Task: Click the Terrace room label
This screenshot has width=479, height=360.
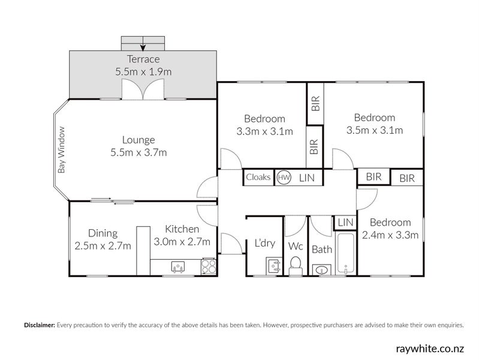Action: click(x=143, y=59)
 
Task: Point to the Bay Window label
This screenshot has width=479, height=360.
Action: click(x=61, y=150)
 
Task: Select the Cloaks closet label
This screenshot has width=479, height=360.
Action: click(x=258, y=178)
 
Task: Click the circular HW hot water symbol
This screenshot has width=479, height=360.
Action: click(x=284, y=178)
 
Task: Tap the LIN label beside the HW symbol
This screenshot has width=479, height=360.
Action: click(x=307, y=178)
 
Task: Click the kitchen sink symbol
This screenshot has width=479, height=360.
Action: click(x=178, y=267)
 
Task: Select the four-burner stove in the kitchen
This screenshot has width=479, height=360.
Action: click(x=209, y=266)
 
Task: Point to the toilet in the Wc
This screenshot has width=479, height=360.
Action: click(x=295, y=265)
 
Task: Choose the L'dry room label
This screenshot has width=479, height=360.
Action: click(x=264, y=243)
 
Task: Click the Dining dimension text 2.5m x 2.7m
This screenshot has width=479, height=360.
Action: click(x=103, y=245)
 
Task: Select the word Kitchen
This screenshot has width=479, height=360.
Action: click(x=182, y=229)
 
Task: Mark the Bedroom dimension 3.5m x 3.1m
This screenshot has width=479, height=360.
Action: click(x=374, y=130)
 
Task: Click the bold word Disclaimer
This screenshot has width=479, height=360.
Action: click(x=40, y=325)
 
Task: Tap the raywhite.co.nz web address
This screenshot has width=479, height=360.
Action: click(x=430, y=347)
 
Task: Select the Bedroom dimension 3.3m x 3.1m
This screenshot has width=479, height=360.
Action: click(x=264, y=131)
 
